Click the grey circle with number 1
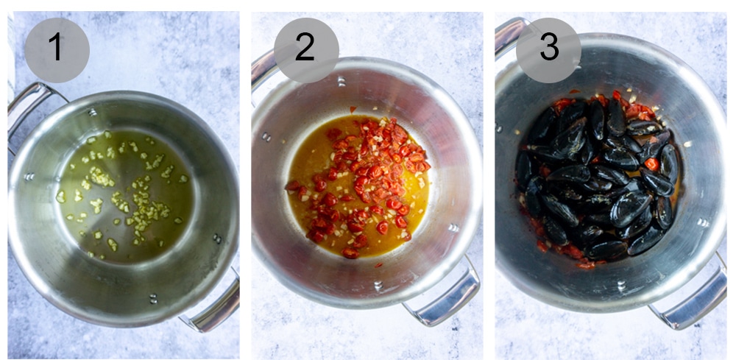(x=57, y=49)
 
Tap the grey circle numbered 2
(x=305, y=49)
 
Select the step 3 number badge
(x=548, y=49)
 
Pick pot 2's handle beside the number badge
(x=263, y=66)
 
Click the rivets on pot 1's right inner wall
(x=216, y=239)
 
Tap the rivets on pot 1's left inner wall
(x=29, y=177)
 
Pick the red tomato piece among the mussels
(x=652, y=164)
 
